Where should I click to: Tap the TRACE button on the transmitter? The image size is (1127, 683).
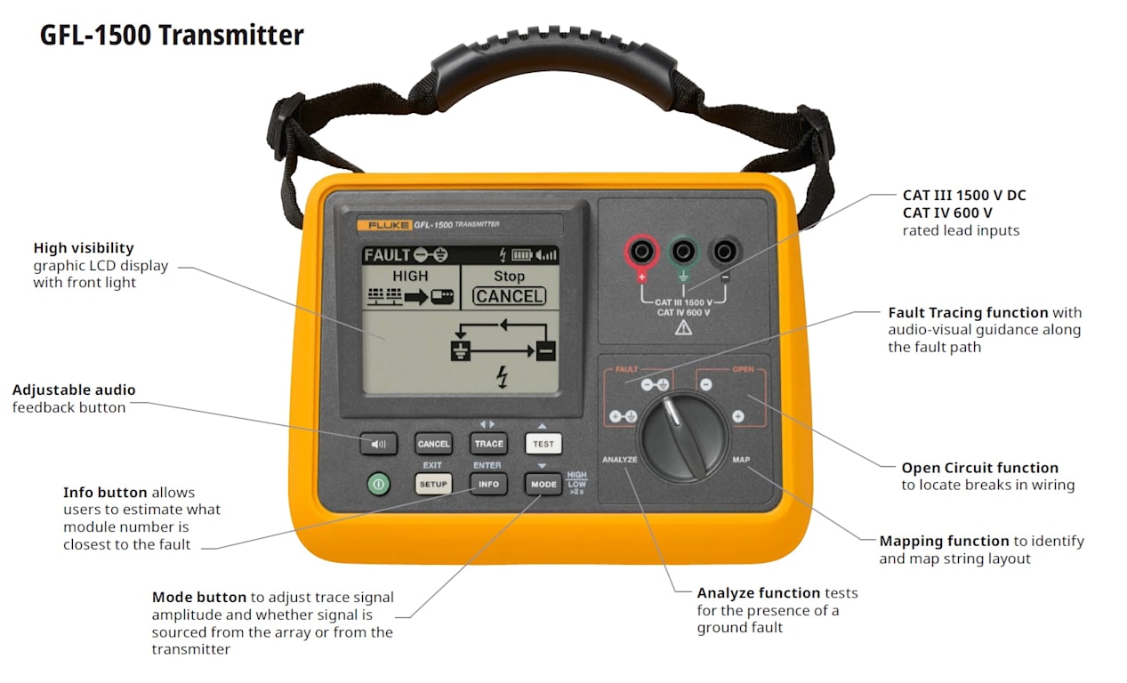click(x=488, y=444)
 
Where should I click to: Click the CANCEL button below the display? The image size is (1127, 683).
click(x=433, y=444)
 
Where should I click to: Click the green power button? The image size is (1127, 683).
click(x=378, y=485)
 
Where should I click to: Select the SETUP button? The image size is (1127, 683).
click(x=433, y=485)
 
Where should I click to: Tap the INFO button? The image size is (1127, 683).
click(x=488, y=485)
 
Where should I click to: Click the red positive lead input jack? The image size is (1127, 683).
click(x=641, y=251)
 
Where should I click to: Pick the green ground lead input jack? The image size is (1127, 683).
click(x=683, y=251)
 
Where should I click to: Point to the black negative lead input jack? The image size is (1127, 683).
click(x=724, y=251)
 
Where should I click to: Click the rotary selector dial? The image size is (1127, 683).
click(x=684, y=437)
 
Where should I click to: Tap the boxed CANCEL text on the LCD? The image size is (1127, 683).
click(x=509, y=296)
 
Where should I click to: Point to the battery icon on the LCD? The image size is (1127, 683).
click(x=522, y=255)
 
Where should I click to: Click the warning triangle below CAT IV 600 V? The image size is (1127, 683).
click(x=683, y=328)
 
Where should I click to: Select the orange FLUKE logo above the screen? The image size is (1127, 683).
click(x=385, y=225)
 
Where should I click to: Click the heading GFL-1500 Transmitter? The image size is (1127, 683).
click(x=172, y=36)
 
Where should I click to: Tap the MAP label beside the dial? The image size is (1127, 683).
click(x=741, y=460)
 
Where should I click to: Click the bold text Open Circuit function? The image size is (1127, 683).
click(x=979, y=468)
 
